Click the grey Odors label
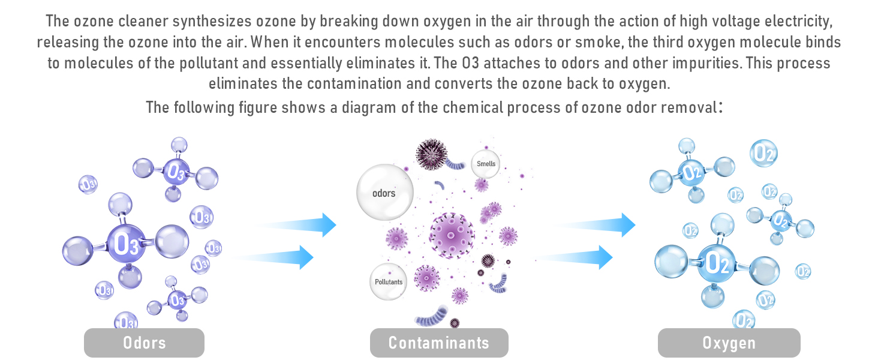144,343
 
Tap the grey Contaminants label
439,343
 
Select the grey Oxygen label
729,343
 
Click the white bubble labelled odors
384,193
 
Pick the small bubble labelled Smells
486,163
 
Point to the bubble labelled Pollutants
389,282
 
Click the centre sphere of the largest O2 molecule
717,263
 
